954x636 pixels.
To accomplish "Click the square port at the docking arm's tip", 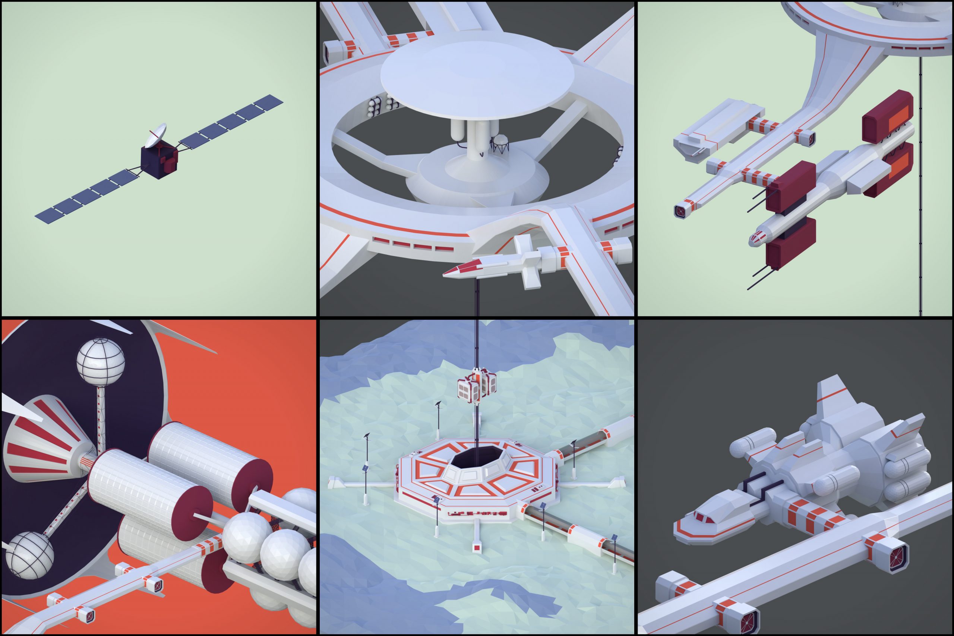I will (x=680, y=211).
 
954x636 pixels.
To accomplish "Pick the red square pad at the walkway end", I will (x=477, y=548).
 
